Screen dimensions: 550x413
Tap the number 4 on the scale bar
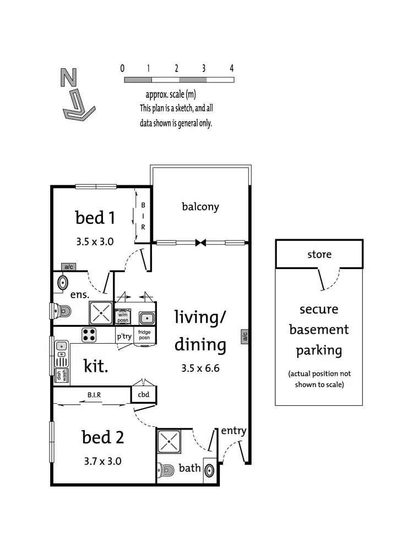click(232, 69)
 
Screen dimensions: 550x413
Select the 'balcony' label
click(200, 207)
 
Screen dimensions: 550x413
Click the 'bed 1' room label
click(95, 218)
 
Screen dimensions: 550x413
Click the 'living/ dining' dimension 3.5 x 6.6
click(200, 368)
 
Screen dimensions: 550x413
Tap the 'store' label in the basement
click(319, 254)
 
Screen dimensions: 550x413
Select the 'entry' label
click(233, 431)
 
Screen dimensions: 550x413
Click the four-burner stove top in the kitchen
click(89, 334)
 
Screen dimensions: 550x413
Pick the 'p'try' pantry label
click(123, 336)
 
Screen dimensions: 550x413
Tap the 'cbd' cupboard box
click(143, 394)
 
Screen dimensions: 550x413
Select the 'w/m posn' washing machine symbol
click(123, 317)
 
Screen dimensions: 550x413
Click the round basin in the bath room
click(209, 471)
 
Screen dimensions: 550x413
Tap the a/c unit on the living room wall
click(244, 336)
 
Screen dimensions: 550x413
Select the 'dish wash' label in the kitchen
click(61, 375)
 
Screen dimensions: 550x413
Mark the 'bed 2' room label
click(102, 438)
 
